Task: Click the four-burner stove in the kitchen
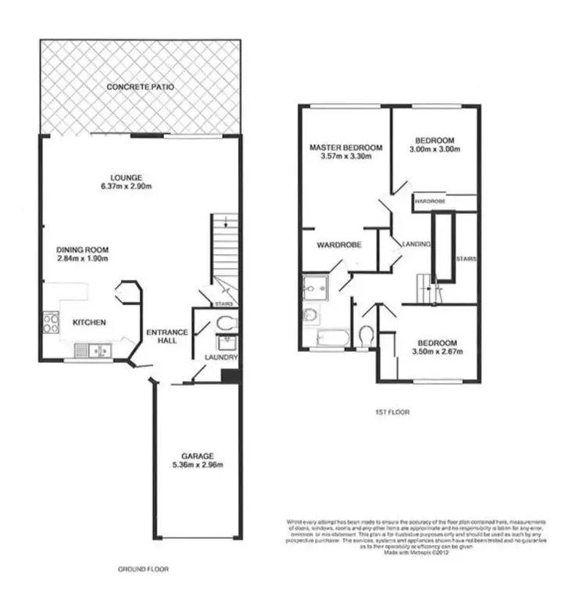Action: point(51,322)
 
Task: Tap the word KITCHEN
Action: point(89,322)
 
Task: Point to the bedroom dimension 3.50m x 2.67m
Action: point(437,351)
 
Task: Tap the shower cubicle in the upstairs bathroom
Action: point(316,288)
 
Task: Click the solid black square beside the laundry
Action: point(229,376)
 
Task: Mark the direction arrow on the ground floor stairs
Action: point(225,223)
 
